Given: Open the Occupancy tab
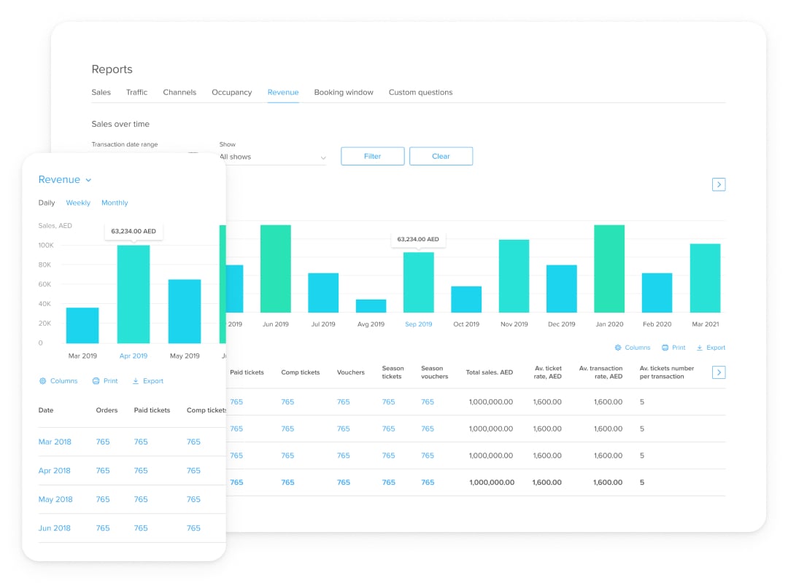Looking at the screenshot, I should (x=231, y=93).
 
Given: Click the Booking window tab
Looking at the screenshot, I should (x=343, y=93).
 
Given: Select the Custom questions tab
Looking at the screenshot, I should (x=420, y=93).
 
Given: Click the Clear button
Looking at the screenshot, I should (x=441, y=156).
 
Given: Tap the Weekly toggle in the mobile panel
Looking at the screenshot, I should (x=78, y=203).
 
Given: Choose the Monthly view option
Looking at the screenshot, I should (x=115, y=203).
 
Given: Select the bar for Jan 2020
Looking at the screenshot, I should (x=609, y=269).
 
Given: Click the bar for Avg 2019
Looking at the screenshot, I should (x=371, y=306).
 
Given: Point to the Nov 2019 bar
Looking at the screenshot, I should (x=514, y=276).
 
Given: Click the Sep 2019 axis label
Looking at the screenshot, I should (x=419, y=324).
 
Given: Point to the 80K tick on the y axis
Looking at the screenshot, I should (x=45, y=265).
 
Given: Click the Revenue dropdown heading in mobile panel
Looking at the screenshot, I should (x=65, y=180).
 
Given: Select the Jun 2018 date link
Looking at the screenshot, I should (x=55, y=528).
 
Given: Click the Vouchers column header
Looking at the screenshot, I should (x=350, y=372).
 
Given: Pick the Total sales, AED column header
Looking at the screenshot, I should (x=489, y=372).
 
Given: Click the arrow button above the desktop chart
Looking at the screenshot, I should (x=719, y=184).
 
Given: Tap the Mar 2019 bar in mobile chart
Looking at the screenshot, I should (x=82, y=325).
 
